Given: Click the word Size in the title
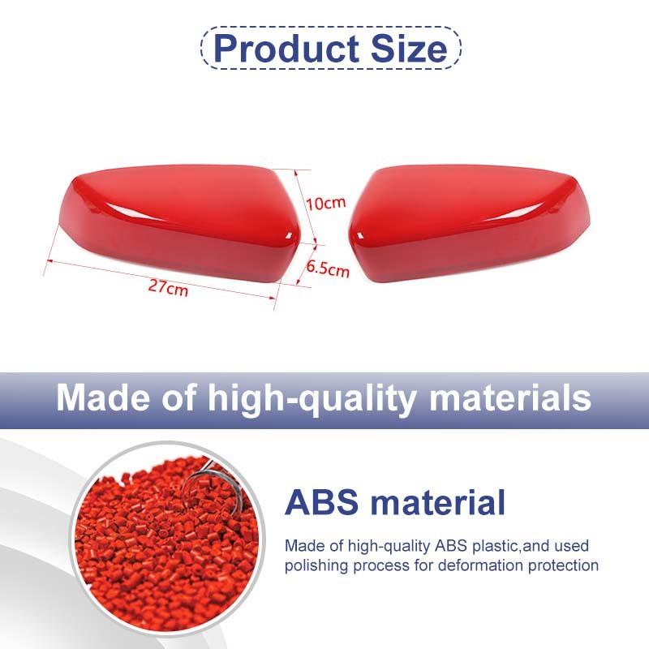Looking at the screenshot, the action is point(409,48).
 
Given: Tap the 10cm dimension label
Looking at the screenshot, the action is point(326,203).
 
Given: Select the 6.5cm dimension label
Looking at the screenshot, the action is point(328,269).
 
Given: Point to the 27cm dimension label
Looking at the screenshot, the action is point(168,286).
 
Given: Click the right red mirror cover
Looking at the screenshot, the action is point(470,224).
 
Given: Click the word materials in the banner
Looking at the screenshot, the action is point(510,398).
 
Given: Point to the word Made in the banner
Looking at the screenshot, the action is point(105,398).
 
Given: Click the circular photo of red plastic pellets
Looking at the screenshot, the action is point(167,540).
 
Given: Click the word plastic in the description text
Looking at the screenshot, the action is point(495,546).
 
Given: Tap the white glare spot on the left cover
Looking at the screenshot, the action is point(290,237).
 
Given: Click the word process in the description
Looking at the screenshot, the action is point(380,566).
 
